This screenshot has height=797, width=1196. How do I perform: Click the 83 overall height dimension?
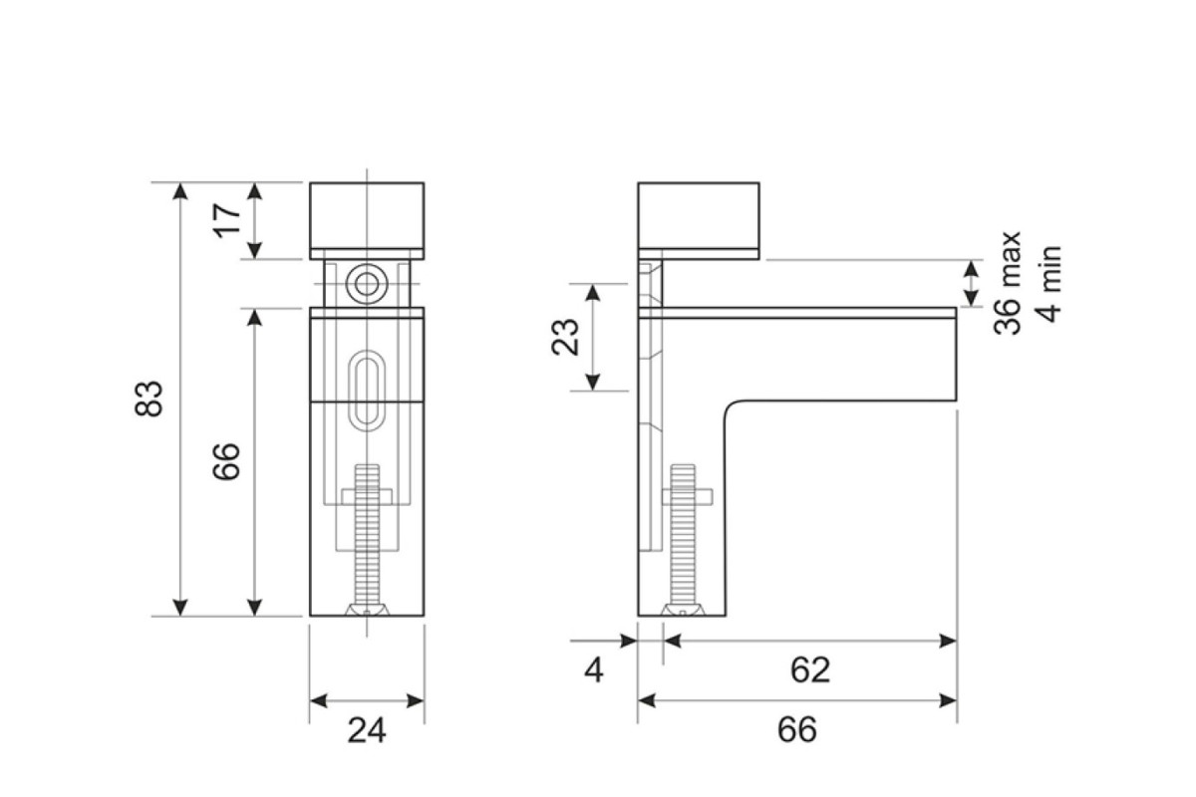tap(148, 398)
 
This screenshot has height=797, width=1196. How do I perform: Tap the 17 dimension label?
tap(227, 220)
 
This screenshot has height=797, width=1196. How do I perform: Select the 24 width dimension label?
tap(367, 730)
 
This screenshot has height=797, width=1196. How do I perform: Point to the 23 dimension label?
tap(565, 337)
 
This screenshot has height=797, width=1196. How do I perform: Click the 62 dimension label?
tap(810, 669)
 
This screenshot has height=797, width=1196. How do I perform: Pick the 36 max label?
tap(1007, 284)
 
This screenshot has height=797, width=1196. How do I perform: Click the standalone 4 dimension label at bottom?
tap(594, 669)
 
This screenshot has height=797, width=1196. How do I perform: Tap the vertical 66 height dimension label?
tap(226, 461)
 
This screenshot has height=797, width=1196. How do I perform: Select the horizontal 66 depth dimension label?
tap(797, 729)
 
